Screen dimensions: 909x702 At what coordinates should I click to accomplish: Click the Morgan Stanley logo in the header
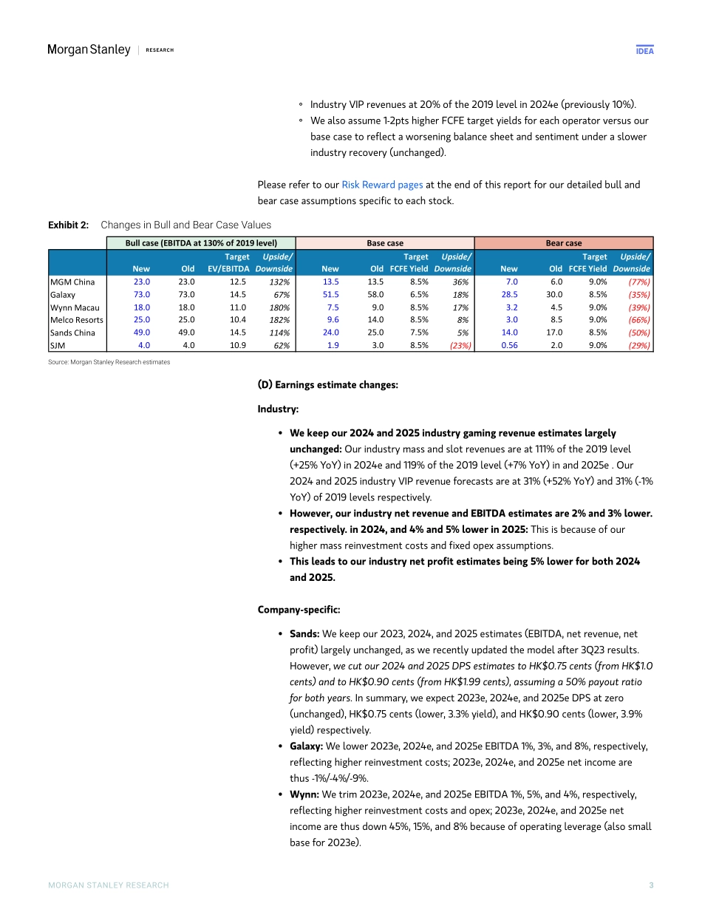89,50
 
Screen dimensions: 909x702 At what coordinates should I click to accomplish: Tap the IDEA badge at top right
644,50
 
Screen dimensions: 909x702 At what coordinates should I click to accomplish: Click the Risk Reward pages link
382,185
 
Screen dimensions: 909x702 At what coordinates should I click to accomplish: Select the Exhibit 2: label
69,225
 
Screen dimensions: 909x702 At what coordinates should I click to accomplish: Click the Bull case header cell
201,242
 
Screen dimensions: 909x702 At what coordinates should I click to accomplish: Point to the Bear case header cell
563,242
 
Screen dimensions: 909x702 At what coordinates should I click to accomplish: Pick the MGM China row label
72,282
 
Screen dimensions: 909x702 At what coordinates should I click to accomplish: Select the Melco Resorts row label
77,319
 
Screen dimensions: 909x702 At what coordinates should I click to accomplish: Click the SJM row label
57,344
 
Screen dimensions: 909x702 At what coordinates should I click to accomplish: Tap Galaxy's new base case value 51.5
330,294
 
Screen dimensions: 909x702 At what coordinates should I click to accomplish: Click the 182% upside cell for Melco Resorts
279,319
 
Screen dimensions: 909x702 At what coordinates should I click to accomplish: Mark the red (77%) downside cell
638,282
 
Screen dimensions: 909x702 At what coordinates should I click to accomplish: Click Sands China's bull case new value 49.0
141,332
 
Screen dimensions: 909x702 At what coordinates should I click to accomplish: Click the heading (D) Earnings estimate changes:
327,385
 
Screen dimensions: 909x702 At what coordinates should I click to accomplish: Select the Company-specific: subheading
299,610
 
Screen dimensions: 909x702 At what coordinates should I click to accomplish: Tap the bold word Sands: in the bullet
304,634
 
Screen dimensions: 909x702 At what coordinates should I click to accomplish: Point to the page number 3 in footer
651,885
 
